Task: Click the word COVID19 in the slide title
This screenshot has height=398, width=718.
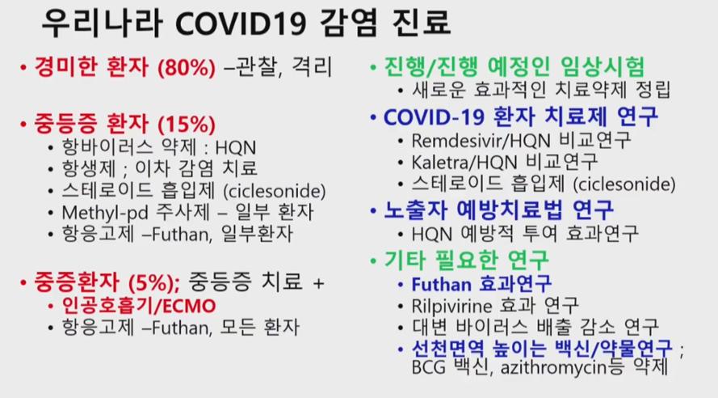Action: tap(241, 23)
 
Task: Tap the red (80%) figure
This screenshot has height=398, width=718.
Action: tap(187, 68)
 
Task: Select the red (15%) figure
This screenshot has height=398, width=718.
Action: tap(187, 125)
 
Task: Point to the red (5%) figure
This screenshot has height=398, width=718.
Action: tap(153, 282)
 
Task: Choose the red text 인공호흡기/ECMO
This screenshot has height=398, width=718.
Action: tap(139, 306)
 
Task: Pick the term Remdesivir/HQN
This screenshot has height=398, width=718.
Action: tap(481, 140)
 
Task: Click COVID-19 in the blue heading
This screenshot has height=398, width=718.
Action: tap(434, 117)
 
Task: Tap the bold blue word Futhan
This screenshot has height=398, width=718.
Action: tap(442, 284)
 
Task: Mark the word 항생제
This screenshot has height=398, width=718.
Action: tap(89, 169)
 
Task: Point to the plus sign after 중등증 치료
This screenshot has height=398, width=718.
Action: tap(318, 283)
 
